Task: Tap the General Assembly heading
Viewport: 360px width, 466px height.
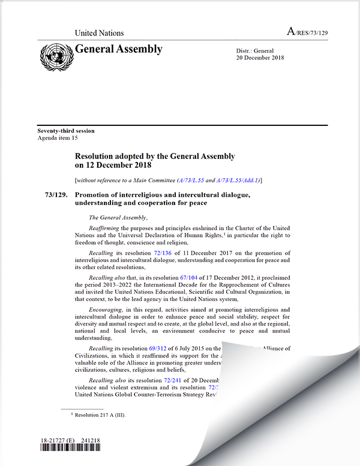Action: click(x=119, y=49)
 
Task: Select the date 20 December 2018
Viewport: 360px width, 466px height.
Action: click(x=260, y=58)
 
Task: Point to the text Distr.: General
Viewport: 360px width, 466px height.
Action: click(x=255, y=51)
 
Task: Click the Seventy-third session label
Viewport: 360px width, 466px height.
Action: click(x=66, y=131)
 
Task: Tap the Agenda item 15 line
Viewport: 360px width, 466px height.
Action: click(x=58, y=138)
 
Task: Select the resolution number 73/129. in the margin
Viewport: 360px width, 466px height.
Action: click(x=58, y=195)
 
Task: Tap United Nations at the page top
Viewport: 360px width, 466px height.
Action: click(x=99, y=33)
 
